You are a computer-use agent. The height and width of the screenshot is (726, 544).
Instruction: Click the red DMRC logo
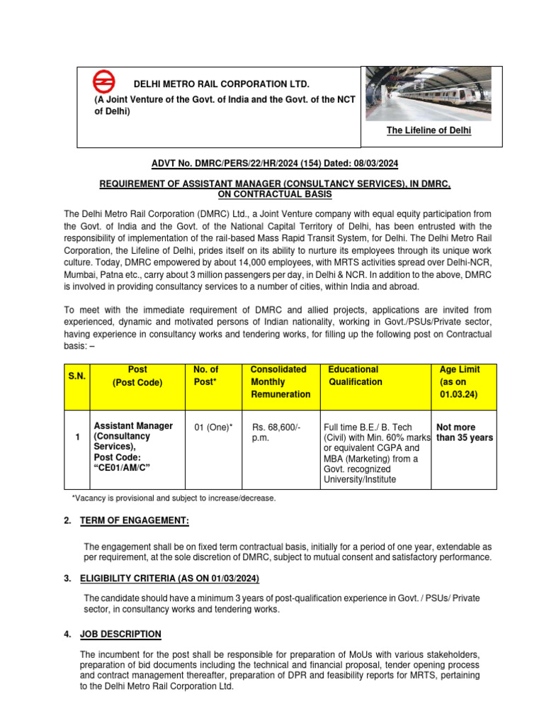pos(105,81)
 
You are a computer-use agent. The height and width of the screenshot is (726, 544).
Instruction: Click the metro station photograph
pos(433,94)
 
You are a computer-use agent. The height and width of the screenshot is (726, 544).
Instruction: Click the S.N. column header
pos(76,377)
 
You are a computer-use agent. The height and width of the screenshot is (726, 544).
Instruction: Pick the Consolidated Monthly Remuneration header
pos(278,381)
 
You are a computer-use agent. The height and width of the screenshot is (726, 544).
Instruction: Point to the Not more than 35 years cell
pos(464,432)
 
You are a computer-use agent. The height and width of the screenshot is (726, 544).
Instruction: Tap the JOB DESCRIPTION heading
pos(122,634)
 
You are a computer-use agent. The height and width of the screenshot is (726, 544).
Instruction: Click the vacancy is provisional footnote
pos(174,498)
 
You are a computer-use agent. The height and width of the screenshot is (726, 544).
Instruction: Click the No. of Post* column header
pos(206,375)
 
